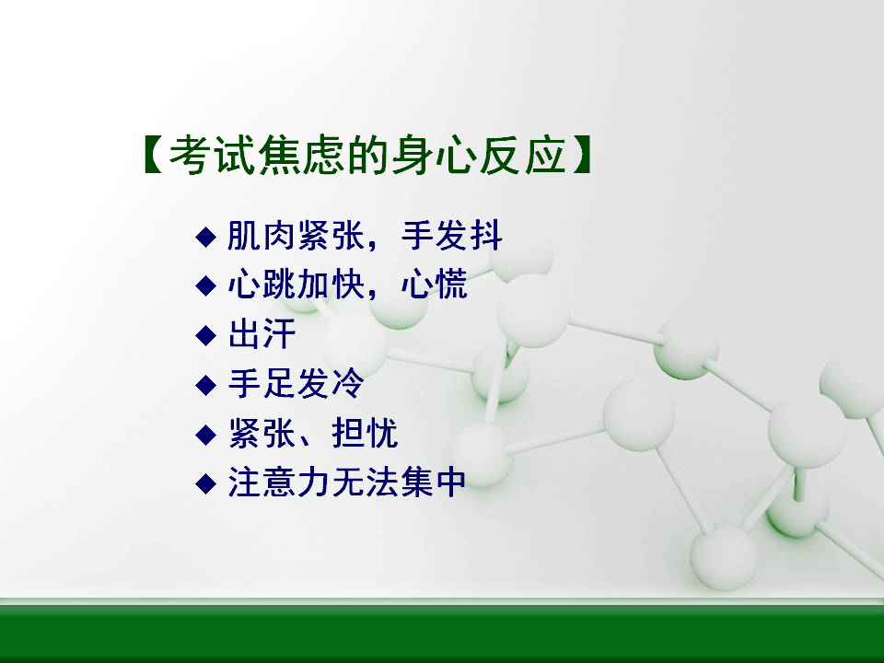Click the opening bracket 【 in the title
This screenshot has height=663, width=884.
click(153, 154)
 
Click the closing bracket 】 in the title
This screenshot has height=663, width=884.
click(581, 154)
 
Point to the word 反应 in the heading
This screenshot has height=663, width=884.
click(523, 155)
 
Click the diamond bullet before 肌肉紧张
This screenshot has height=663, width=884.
click(205, 237)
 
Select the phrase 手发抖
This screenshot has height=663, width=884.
click(451, 236)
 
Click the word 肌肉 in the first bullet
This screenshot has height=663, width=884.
click(262, 236)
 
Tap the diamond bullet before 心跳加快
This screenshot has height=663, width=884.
click(205, 285)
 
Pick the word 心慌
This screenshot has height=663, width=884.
click(434, 285)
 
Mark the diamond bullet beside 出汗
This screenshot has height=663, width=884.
click(205, 335)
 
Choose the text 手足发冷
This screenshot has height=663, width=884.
click(296, 383)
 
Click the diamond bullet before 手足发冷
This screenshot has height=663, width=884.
click(205, 386)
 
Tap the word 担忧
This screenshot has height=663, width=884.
click(365, 433)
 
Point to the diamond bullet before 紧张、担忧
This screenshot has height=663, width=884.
click(205, 435)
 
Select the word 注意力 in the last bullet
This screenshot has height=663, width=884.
click(278, 483)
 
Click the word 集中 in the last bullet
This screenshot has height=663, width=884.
click(433, 483)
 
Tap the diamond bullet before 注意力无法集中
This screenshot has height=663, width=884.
click(205, 483)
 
